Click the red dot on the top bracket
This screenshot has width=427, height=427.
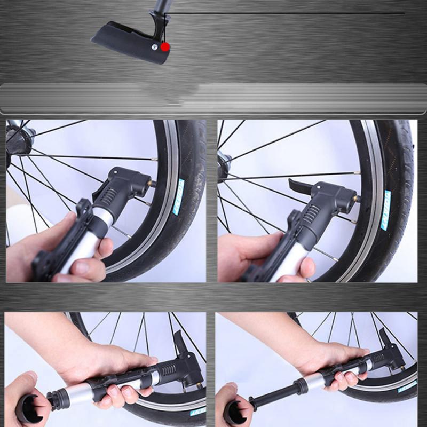pyautogui.click(x=165, y=47)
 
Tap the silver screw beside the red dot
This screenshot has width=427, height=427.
pyautogui.click(x=154, y=47)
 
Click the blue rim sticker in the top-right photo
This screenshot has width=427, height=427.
pyautogui.click(x=385, y=210)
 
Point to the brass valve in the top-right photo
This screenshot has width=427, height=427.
pyautogui.click(x=357, y=199)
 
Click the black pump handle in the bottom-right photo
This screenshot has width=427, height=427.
pyautogui.click(x=235, y=411)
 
